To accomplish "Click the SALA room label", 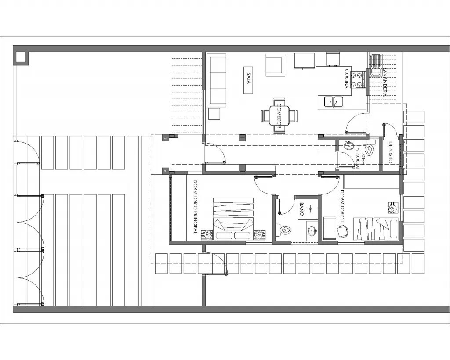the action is pyautogui.click(x=249, y=78).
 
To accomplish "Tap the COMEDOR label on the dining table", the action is pyautogui.click(x=279, y=116).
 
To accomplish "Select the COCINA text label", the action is pyautogui.click(x=347, y=79).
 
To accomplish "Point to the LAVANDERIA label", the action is pyautogui.click(x=385, y=82).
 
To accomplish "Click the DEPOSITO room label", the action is pyautogui.click(x=391, y=152).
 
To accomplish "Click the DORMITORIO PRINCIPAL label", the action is pyautogui.click(x=196, y=206).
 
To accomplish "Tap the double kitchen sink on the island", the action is pyautogui.click(x=333, y=101).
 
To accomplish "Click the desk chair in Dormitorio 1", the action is pyautogui.click(x=343, y=231).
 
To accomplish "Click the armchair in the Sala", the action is pyautogui.click(x=276, y=65).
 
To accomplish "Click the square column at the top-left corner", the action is pyautogui.click(x=21, y=59).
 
